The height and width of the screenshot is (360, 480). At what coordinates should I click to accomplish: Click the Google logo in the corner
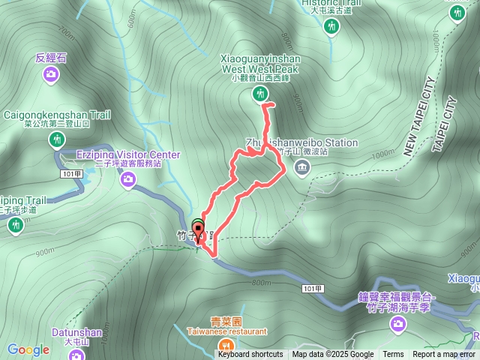click(28, 349)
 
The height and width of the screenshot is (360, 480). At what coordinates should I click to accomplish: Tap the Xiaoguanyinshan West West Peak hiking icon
click(259, 93)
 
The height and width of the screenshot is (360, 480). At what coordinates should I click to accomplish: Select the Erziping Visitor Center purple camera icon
click(128, 178)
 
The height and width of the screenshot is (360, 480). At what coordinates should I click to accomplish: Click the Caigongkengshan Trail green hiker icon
click(57, 139)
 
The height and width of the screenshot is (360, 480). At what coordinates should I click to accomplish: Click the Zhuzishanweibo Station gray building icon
click(301, 166)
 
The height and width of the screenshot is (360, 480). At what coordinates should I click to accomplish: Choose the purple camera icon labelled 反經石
click(50, 73)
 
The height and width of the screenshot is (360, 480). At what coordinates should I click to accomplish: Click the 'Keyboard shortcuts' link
click(250, 355)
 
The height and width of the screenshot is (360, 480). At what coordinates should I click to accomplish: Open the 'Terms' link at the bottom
click(393, 355)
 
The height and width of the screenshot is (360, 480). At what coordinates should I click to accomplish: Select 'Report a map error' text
click(444, 355)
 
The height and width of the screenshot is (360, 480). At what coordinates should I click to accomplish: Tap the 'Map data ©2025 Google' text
click(333, 355)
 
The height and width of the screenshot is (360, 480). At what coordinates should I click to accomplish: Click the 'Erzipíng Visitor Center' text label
click(128, 154)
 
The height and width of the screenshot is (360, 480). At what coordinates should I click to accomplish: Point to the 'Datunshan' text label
click(76, 331)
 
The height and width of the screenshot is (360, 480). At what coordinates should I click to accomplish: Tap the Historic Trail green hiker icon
click(331, 27)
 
